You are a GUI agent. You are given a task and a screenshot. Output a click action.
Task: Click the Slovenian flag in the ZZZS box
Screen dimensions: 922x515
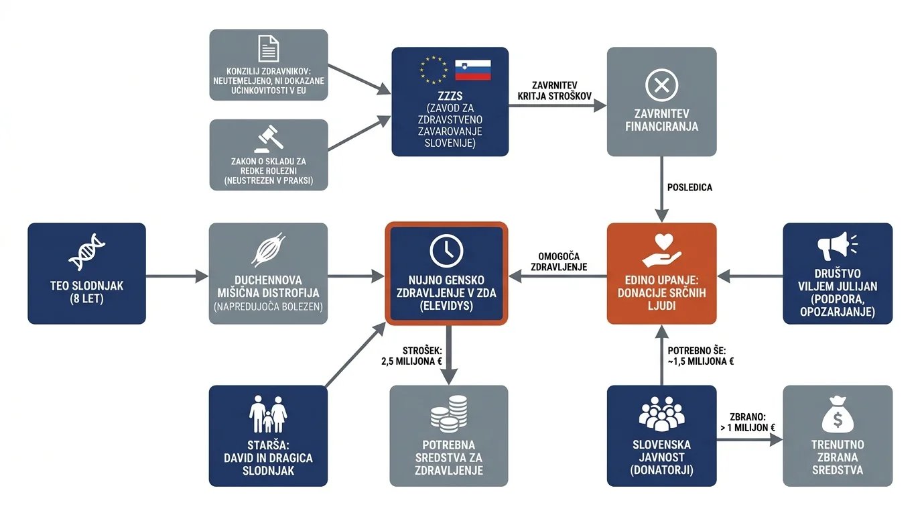(473, 70)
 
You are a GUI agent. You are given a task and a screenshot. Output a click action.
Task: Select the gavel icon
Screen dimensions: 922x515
(269, 139)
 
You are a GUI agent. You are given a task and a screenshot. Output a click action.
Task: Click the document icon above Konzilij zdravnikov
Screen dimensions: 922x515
(269, 48)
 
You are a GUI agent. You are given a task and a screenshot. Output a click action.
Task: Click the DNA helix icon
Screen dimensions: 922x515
(87, 251)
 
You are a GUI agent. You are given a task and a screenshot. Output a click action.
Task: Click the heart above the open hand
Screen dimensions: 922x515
(663, 241)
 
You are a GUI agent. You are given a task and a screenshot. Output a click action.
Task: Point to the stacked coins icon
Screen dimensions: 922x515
(449, 414)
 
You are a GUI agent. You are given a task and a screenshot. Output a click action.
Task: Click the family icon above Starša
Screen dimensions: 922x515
(268, 414)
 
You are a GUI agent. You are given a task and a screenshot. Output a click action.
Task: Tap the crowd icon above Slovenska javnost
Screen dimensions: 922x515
(661, 414)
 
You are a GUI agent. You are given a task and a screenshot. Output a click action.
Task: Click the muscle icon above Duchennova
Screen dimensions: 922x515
(269, 249)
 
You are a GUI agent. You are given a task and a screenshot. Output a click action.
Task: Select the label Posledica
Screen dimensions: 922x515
(689, 188)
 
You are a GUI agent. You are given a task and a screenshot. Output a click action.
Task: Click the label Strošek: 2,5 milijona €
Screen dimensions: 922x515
(411, 356)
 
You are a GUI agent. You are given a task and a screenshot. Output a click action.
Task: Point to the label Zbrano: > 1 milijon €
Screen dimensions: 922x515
(748, 422)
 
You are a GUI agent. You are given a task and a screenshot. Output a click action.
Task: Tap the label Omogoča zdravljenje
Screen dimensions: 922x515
(559, 262)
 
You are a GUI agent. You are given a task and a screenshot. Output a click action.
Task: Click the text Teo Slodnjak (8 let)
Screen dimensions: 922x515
(87, 292)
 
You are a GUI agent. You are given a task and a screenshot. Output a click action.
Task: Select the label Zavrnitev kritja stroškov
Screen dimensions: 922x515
(554, 91)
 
